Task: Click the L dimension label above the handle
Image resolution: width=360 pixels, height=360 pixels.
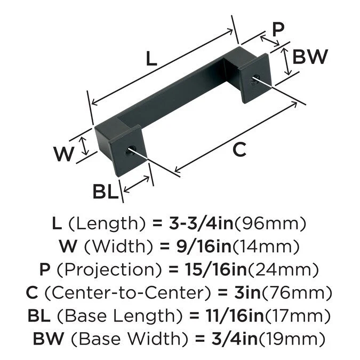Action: [152, 59]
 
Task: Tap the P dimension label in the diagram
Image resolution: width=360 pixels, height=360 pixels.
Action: [277, 29]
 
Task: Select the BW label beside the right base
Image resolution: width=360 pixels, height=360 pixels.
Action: [310, 56]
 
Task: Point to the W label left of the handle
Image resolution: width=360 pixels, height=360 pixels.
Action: [64, 154]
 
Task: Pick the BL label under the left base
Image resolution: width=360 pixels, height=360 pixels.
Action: [105, 191]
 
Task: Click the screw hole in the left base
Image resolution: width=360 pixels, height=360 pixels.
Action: [129, 151]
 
